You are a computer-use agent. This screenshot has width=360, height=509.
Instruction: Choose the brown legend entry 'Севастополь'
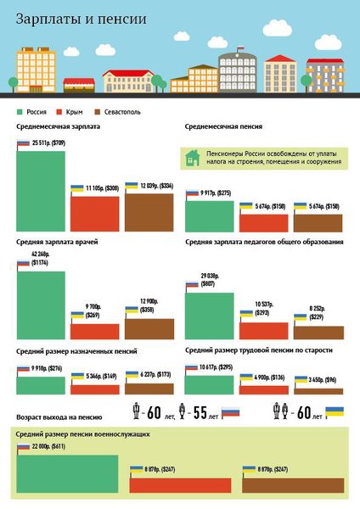(x=116, y=111)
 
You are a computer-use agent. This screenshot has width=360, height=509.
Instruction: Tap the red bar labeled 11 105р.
(x=94, y=213)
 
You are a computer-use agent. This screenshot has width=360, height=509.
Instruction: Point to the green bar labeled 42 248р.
(x=40, y=305)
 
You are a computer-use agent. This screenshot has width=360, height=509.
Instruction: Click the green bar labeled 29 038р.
(x=210, y=315)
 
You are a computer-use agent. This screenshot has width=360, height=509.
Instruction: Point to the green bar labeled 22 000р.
(x=67, y=473)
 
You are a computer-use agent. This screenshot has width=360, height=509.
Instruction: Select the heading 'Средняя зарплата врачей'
(x=57, y=243)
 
